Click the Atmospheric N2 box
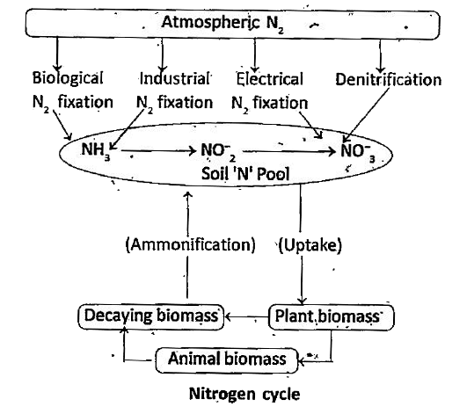(x=232, y=23)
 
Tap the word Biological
(x=68, y=78)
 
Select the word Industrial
(x=174, y=78)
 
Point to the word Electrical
(x=269, y=79)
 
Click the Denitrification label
(x=389, y=80)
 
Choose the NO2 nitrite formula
(x=218, y=152)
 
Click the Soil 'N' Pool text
(x=245, y=174)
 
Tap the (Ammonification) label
(x=191, y=244)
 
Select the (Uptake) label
(x=310, y=244)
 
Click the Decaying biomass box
(x=151, y=316)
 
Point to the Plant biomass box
(x=332, y=317)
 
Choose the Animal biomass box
(x=227, y=360)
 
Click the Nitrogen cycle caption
(x=244, y=394)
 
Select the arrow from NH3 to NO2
(x=158, y=150)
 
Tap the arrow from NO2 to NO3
(x=289, y=151)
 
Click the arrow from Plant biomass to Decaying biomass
(x=246, y=317)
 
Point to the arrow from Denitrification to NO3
(x=366, y=115)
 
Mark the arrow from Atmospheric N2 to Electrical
(x=255, y=55)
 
